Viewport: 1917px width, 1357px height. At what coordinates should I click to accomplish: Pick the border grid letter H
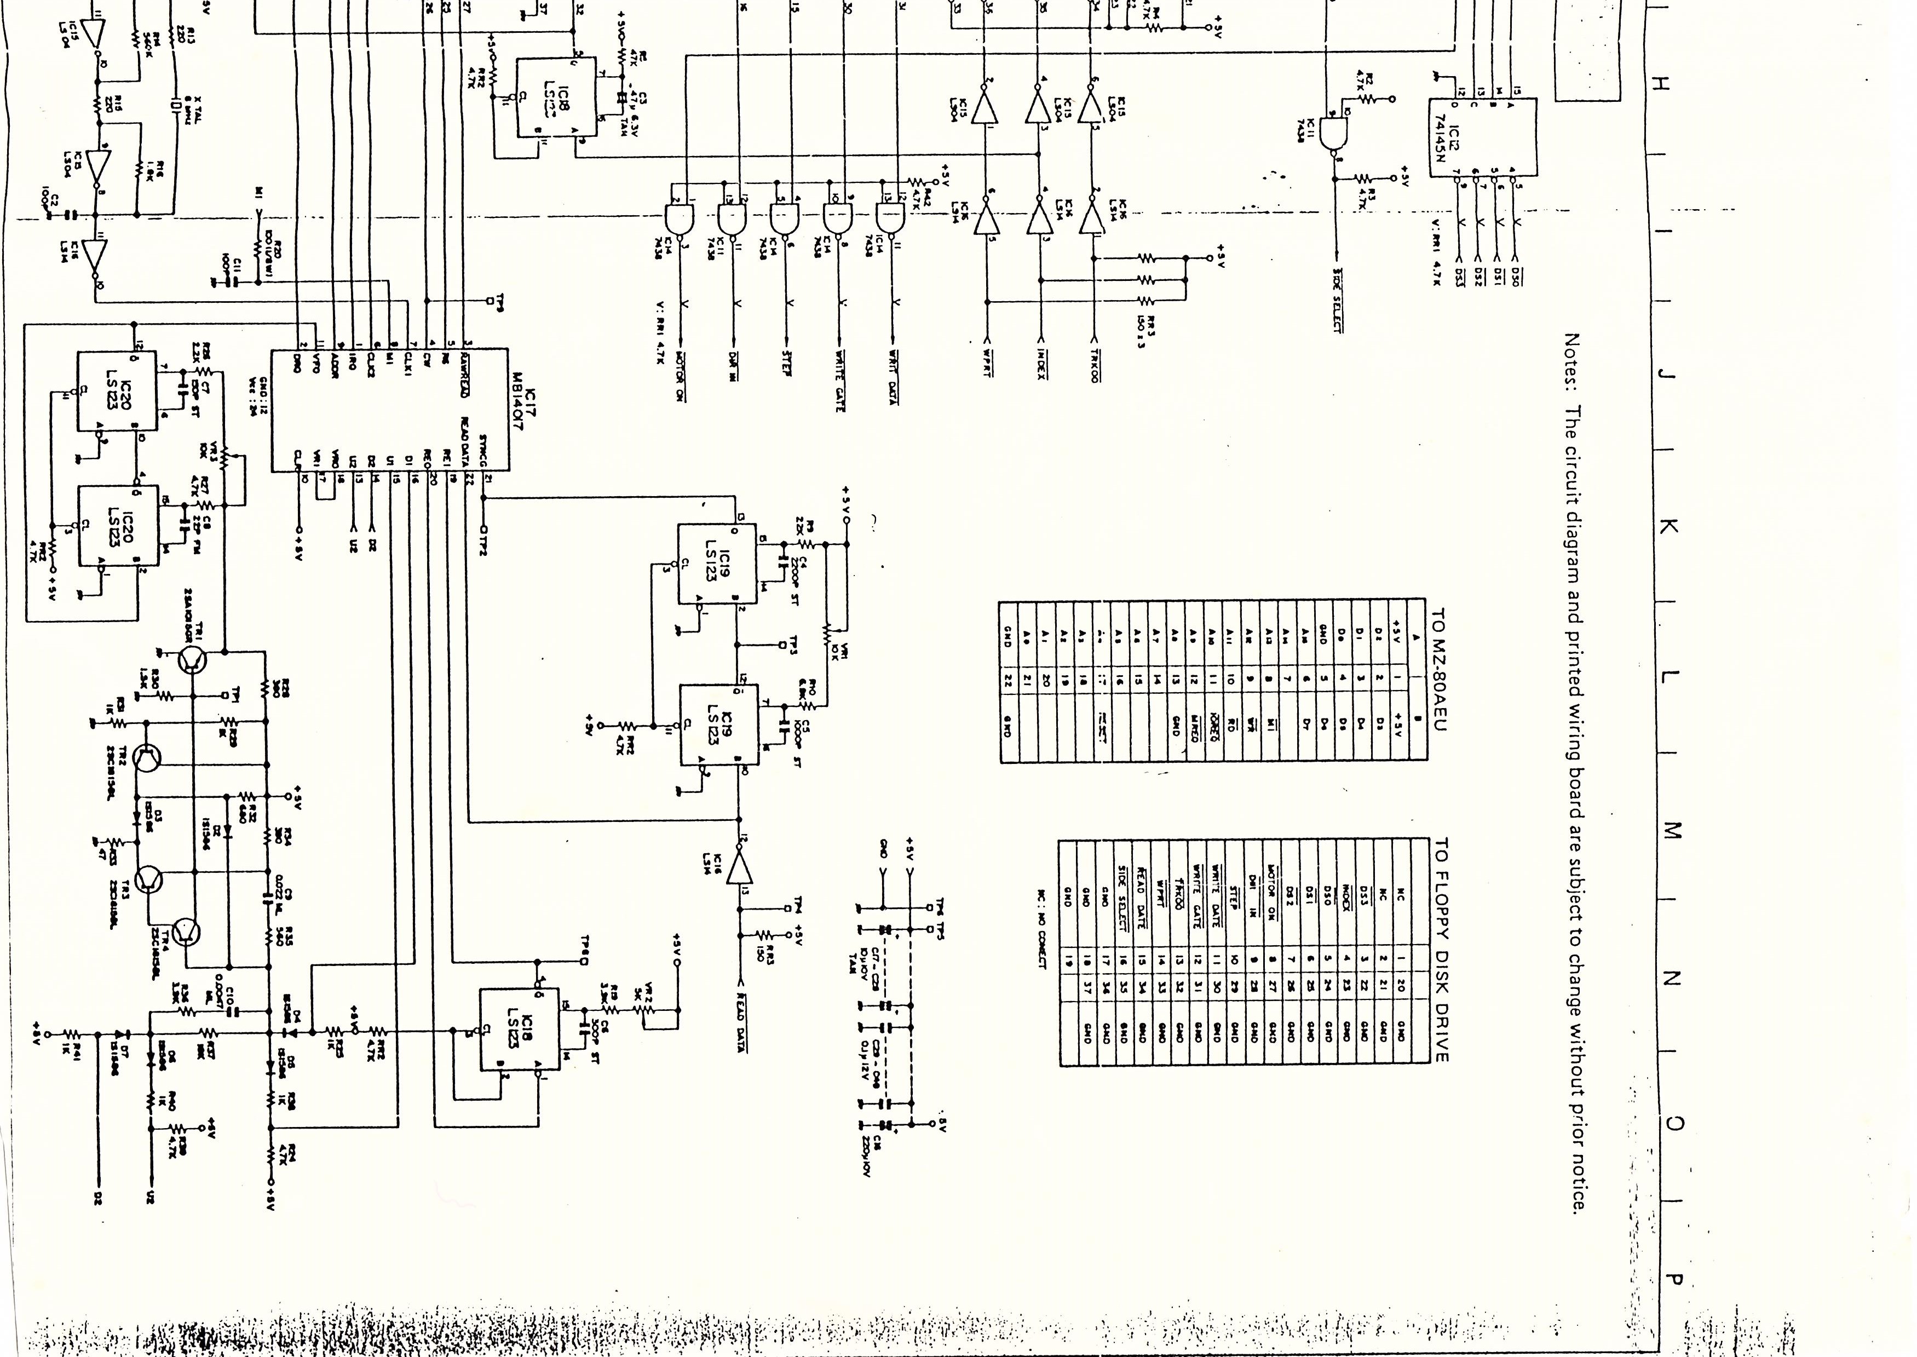pos(1662,84)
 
